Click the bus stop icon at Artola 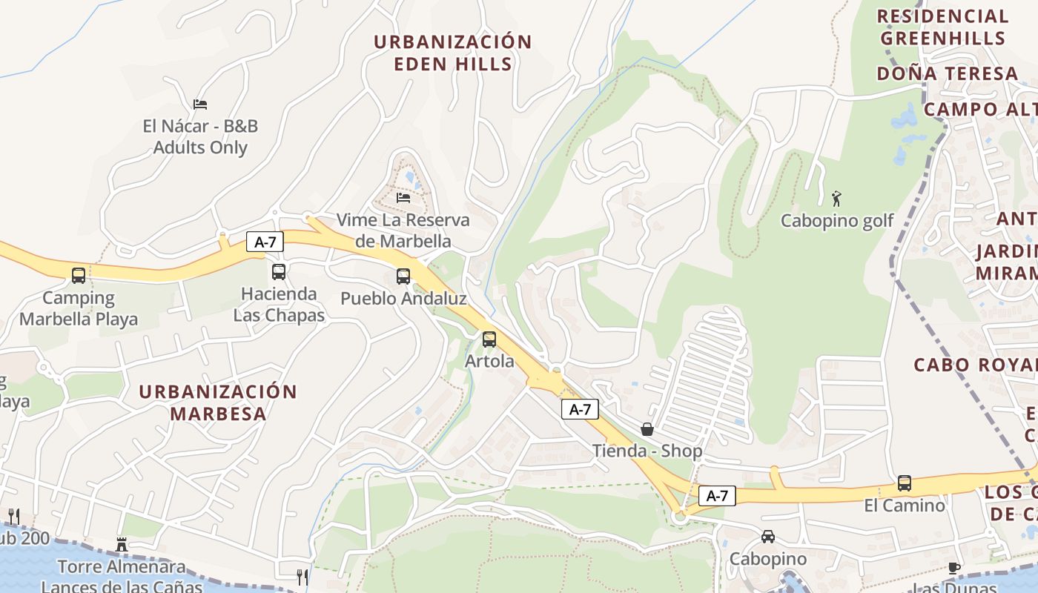tap(489, 339)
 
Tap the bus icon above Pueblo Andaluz tap(403, 276)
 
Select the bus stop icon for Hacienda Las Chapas tap(279, 272)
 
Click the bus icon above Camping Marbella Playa tap(79, 276)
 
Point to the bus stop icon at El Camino tap(905, 483)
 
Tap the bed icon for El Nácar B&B tap(200, 104)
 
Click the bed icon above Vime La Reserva tap(403, 197)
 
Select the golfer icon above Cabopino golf tap(837, 199)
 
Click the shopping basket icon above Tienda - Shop tap(647, 429)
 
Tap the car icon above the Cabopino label tap(768, 536)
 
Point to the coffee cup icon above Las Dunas tap(954, 568)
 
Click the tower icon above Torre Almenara tap(122, 545)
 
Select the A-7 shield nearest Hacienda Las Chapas tap(265, 242)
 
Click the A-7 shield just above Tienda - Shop tap(580, 409)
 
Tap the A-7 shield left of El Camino tap(717, 496)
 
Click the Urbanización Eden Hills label tap(452, 53)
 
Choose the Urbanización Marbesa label tap(218, 402)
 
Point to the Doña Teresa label tap(948, 73)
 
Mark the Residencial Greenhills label tap(942, 27)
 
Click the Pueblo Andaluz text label tap(403, 299)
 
